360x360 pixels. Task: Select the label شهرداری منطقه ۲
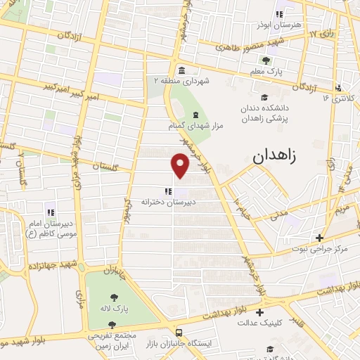[x=182, y=82]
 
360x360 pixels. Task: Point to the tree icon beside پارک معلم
[x=266, y=60]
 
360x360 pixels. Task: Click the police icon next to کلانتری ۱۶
[x=339, y=88]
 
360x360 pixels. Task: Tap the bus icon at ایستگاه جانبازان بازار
[x=180, y=331]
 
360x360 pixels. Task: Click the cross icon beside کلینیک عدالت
[x=260, y=312]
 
